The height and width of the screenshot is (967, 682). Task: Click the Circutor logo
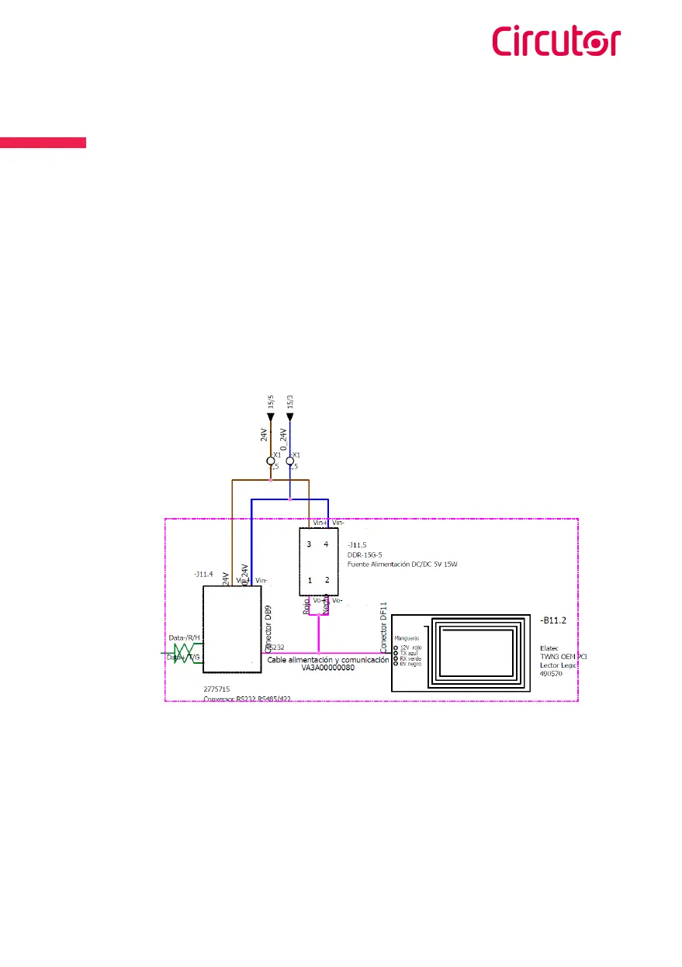[556, 41]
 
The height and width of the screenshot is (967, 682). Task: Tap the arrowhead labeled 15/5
[271, 416]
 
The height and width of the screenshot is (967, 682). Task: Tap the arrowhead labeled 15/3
[290, 416]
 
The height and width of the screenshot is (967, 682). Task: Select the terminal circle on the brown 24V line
[271, 462]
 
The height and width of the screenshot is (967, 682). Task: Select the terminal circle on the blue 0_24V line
[290, 462]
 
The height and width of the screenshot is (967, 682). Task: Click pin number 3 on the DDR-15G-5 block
[309, 544]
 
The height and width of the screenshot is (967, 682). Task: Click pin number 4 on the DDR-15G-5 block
[327, 544]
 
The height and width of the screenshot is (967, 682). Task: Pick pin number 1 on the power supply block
[309, 580]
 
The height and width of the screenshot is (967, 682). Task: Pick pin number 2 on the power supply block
[327, 580]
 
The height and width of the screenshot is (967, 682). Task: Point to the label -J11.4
[203, 575]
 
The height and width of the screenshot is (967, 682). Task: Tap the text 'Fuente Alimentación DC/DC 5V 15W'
[403, 565]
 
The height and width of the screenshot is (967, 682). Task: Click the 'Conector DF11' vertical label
[384, 627]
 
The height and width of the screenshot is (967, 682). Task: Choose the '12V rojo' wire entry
[411, 646]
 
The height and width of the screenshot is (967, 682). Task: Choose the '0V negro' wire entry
[410, 665]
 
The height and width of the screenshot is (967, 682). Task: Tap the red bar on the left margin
[43, 142]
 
